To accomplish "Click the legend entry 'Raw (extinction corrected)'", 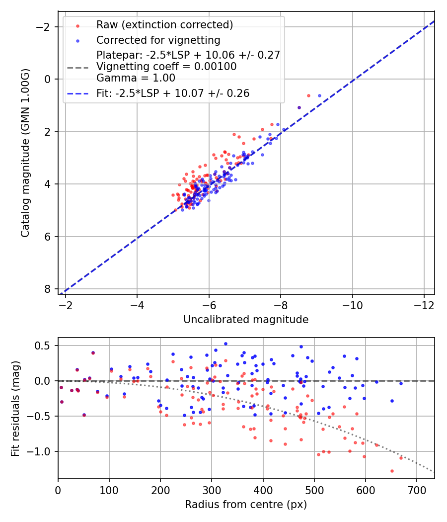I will click(164, 25).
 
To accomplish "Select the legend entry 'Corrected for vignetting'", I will click(158, 40).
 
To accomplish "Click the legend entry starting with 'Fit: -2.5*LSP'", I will click(173, 93).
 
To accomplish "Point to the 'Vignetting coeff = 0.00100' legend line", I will click(166, 67).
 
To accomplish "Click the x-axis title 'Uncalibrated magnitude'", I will click(246, 320).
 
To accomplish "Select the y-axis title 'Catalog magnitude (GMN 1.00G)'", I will click(26, 153).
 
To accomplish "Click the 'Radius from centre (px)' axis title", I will click(246, 505).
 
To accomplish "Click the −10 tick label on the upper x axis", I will click(352, 304).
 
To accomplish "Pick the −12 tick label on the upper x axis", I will click(424, 304).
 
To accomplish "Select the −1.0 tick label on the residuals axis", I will click(42, 451).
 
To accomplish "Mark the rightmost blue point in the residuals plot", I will click(401, 383).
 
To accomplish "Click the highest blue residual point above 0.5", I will click(225, 344).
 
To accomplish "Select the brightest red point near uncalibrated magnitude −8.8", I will click(308, 95).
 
